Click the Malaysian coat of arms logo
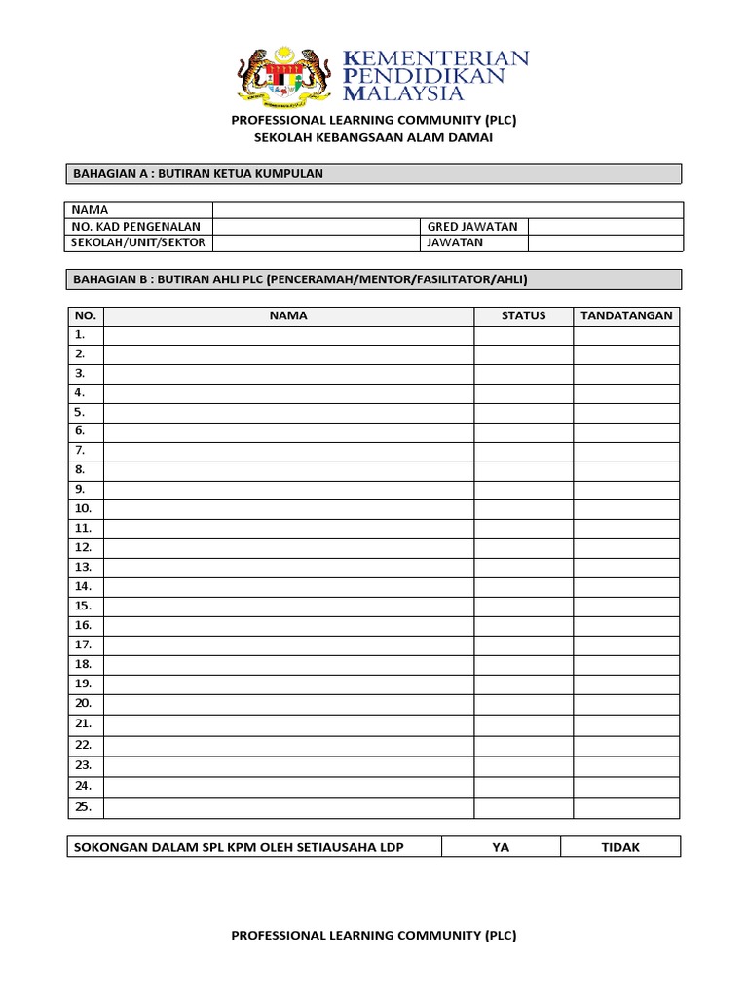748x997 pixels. (x=283, y=75)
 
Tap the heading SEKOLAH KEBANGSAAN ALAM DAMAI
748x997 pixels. (x=374, y=138)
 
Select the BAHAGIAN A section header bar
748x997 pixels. (x=374, y=173)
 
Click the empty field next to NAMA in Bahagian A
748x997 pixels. (x=448, y=209)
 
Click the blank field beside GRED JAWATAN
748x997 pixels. (x=605, y=226)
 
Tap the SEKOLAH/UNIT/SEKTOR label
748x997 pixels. (x=139, y=242)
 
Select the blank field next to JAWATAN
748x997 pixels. (x=605, y=242)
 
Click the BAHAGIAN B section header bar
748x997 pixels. (x=374, y=279)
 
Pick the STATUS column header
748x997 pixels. (x=524, y=315)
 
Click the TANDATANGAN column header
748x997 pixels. (x=626, y=315)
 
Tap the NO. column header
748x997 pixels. (x=85, y=315)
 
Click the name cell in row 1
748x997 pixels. (x=288, y=335)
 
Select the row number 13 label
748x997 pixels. (x=83, y=567)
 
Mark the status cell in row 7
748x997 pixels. (x=524, y=451)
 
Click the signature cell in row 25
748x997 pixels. (x=626, y=808)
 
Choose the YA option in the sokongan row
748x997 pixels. (x=501, y=847)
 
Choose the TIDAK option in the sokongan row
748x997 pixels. (x=620, y=847)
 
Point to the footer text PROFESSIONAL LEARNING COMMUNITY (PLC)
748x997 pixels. (x=374, y=936)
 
